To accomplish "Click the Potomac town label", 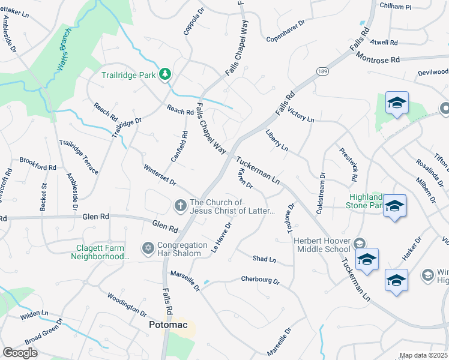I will pyautogui.click(x=168, y=325).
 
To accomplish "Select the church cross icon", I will pyautogui.click(x=180, y=206).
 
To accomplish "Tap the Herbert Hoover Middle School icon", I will pyautogui.click(x=360, y=243).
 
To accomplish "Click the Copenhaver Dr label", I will pyautogui.click(x=286, y=30).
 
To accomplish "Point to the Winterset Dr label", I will pyautogui.click(x=160, y=174).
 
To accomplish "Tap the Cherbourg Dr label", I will pyautogui.click(x=261, y=280).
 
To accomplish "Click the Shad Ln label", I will pyautogui.click(x=264, y=259).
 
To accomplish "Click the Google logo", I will pyautogui.click(x=19, y=353).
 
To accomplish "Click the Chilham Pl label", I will pyautogui.click(x=396, y=5).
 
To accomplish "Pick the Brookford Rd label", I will pyautogui.click(x=37, y=160).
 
